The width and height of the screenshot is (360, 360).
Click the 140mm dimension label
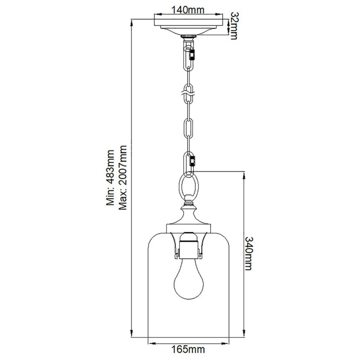188,10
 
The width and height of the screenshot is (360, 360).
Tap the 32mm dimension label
234,26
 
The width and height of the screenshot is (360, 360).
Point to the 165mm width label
188,350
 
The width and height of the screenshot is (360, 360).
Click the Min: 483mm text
110,177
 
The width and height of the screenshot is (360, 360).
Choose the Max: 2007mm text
123,177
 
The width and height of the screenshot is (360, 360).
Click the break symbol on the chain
188,94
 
